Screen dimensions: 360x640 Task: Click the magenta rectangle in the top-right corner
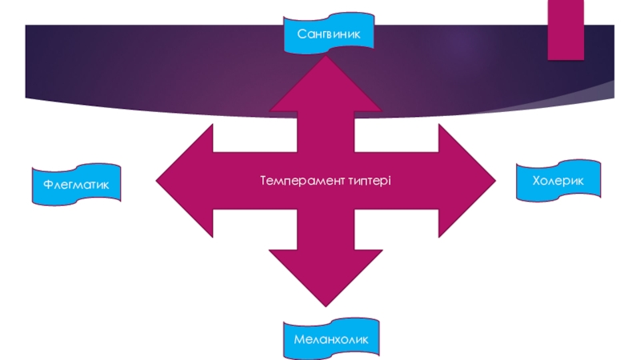pos(565,29)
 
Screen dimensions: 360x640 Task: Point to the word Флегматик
pos(76,184)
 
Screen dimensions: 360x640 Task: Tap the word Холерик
pos(558,182)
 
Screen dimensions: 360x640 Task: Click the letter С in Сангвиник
pos(302,34)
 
